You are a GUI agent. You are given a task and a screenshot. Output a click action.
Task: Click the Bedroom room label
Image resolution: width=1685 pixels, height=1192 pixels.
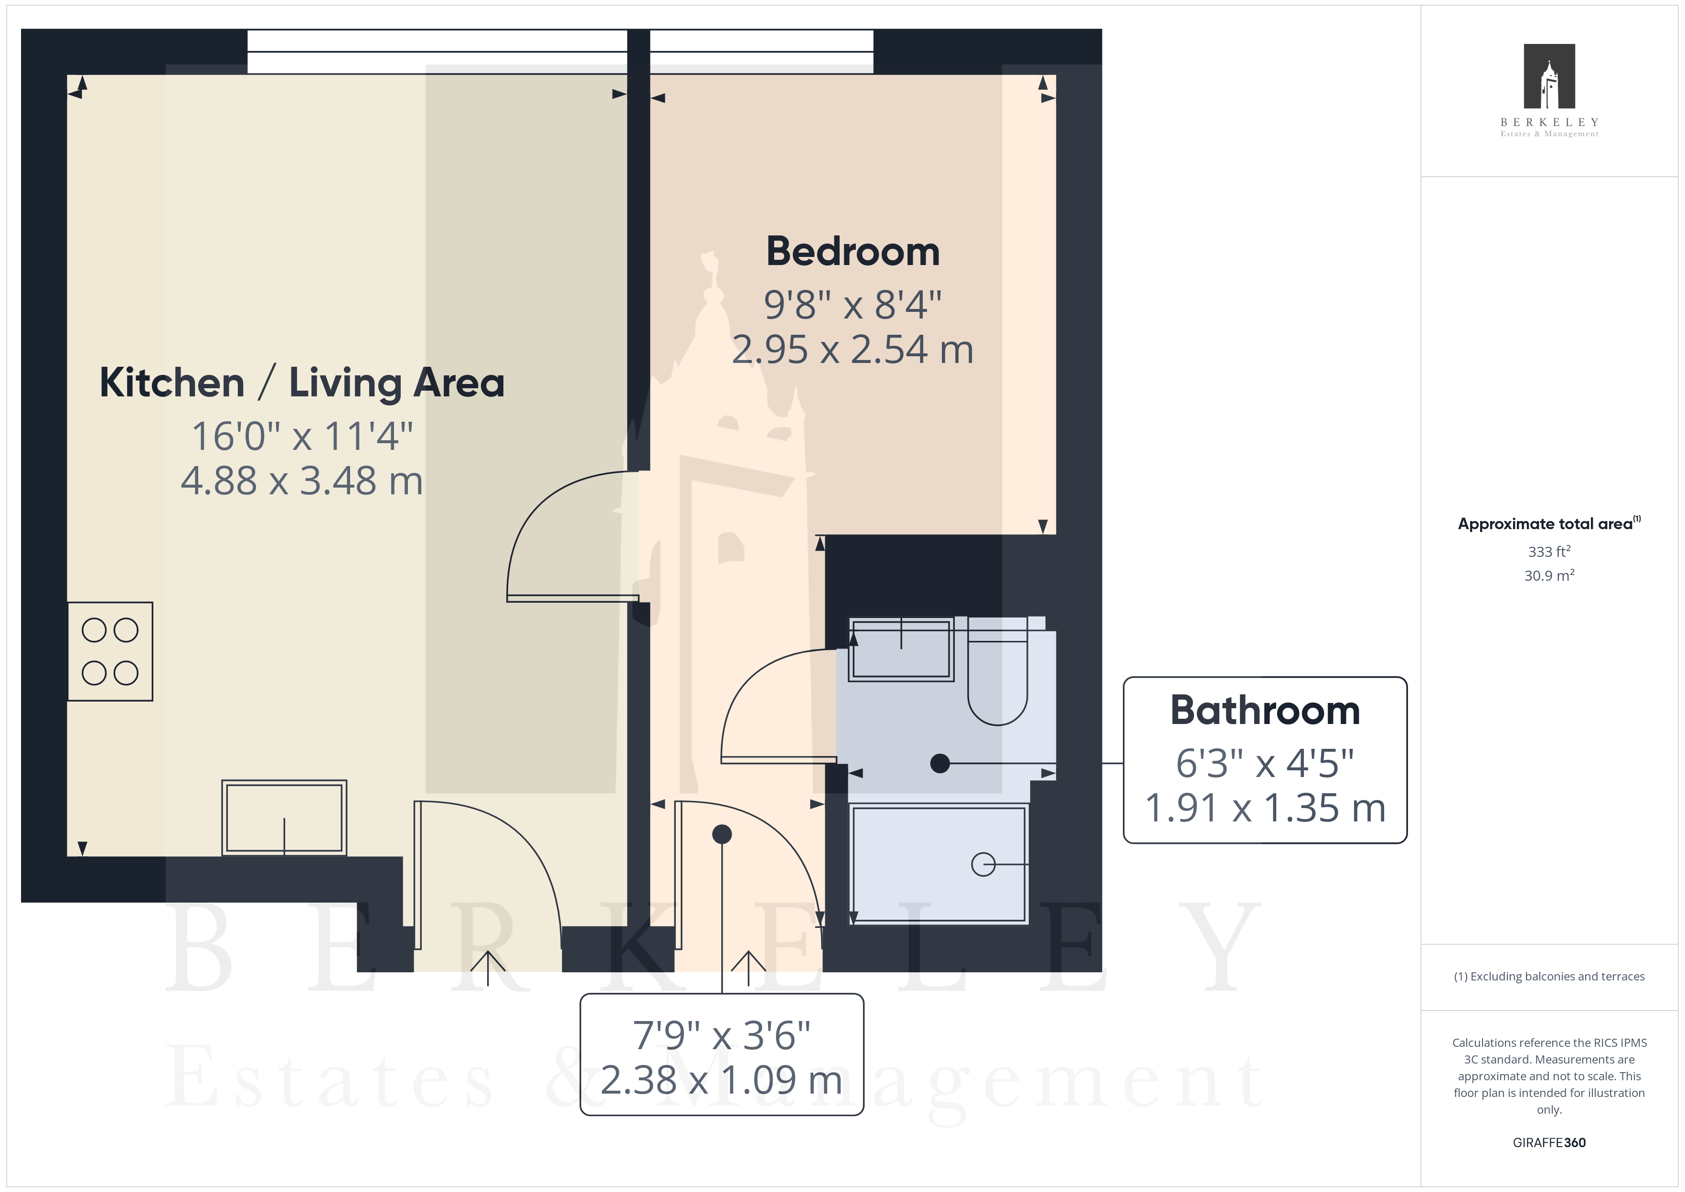tap(853, 252)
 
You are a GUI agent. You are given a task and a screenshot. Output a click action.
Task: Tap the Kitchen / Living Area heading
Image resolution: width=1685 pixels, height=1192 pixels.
tap(302, 383)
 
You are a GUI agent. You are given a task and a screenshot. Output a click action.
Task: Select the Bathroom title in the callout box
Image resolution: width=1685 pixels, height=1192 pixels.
tap(1265, 711)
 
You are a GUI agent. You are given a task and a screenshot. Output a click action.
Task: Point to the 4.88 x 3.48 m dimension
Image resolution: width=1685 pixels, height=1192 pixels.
tap(302, 481)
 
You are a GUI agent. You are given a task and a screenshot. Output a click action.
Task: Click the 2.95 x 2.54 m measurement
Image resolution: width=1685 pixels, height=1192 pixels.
tap(853, 350)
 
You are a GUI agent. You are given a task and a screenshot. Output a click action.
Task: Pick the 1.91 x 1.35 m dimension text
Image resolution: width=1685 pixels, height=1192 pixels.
tap(1265, 808)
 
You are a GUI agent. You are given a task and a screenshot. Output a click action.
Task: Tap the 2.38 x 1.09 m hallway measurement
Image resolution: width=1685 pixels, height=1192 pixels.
tap(721, 1080)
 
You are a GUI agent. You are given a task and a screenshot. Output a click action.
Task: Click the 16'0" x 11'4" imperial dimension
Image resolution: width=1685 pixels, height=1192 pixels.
tap(302, 436)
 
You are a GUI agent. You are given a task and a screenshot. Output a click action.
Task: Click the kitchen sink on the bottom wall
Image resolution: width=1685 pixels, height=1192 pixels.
tap(284, 818)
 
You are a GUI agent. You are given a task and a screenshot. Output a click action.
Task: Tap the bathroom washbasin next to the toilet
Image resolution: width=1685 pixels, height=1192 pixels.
tap(901, 649)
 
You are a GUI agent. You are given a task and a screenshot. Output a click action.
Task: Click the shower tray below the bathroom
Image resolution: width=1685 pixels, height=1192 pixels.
tap(938, 864)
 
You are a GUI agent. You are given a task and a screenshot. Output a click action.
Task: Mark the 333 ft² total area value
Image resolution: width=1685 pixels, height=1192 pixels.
tap(1549, 551)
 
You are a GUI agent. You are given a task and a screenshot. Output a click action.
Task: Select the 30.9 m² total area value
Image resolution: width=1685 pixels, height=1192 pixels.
tap(1549, 575)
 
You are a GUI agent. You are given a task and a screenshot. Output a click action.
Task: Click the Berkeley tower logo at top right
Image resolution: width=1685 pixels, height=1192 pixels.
tap(1549, 76)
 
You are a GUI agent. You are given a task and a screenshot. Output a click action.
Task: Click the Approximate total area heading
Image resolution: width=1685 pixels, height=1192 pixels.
tap(1548, 523)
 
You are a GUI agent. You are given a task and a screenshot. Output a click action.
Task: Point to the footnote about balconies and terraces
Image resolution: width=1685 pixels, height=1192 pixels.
tap(1549, 976)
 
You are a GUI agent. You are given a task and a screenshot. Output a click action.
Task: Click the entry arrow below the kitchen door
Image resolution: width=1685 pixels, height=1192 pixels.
tap(487, 968)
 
